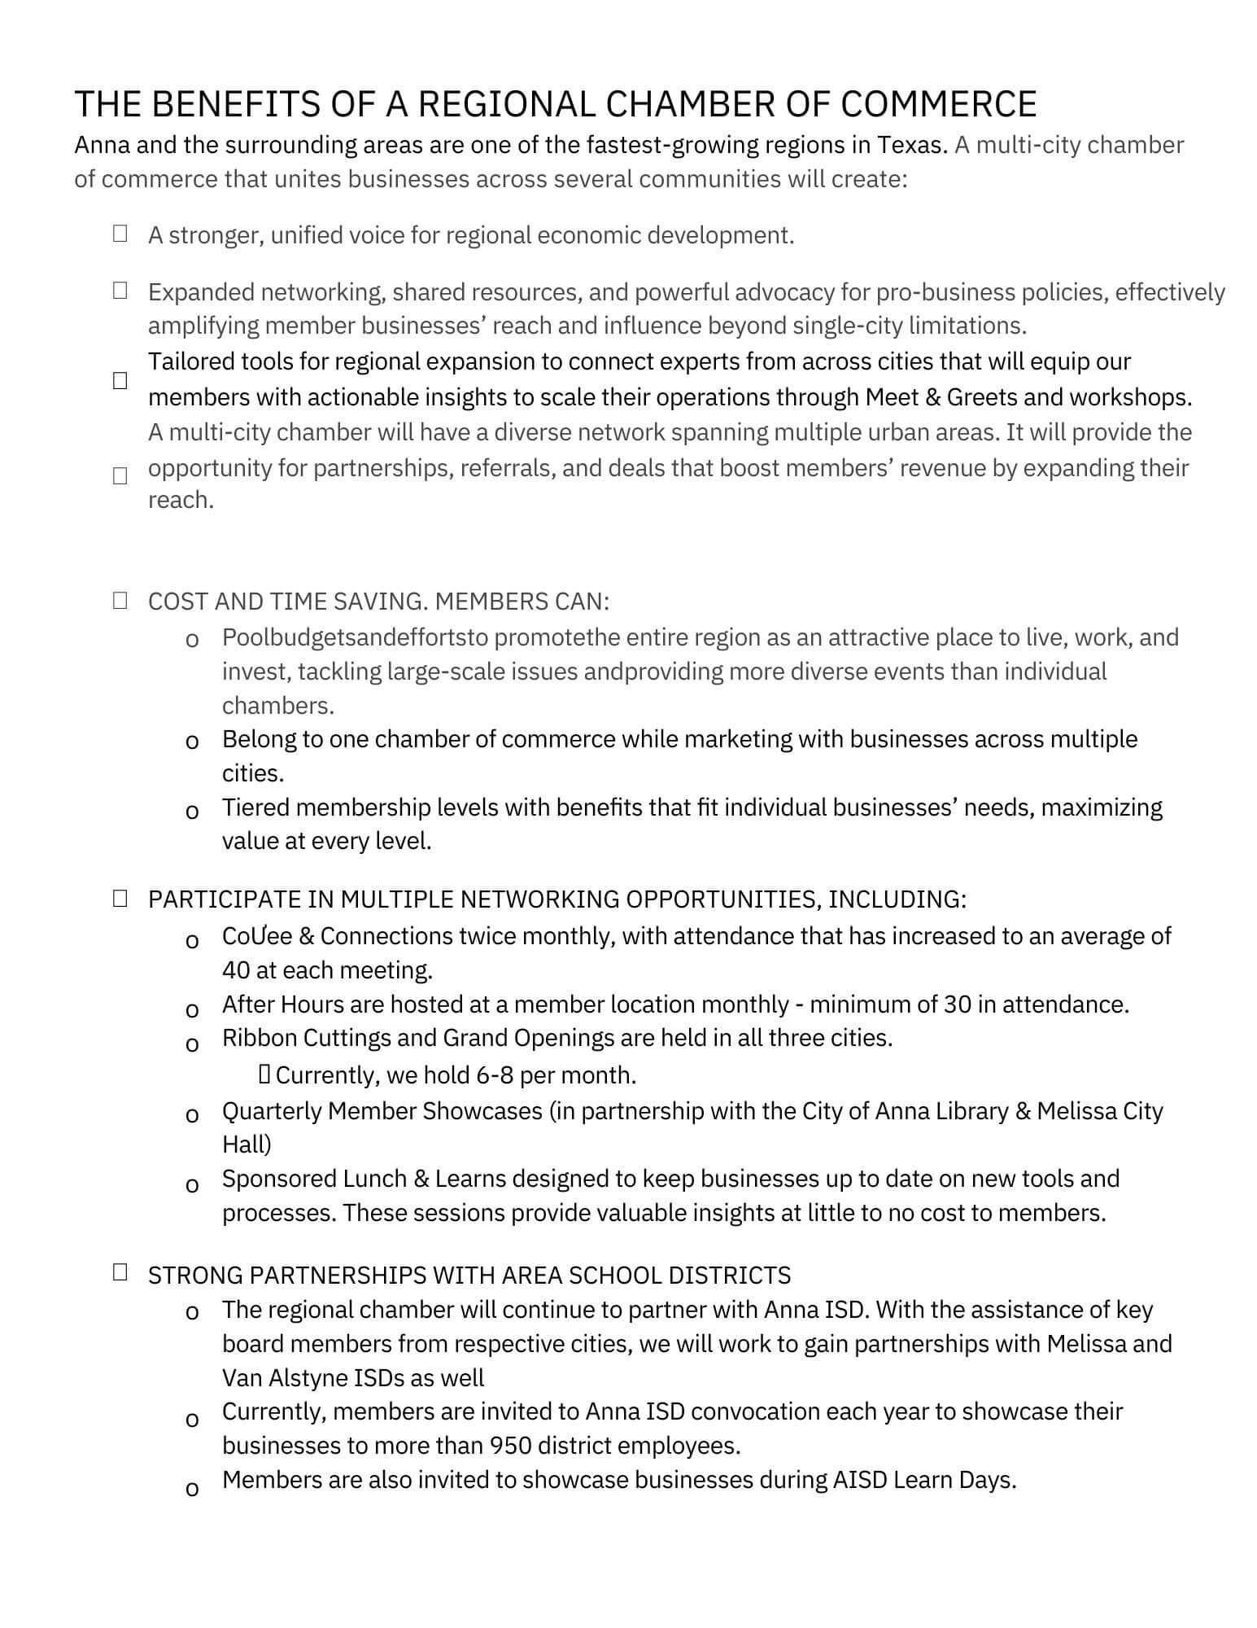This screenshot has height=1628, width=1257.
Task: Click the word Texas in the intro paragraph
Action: [x=910, y=145]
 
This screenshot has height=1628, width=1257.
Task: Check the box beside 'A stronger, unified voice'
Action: [x=120, y=234]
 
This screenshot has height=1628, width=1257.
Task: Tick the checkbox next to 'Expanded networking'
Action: [x=120, y=291]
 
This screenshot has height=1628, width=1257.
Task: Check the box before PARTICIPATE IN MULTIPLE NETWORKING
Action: [x=120, y=899]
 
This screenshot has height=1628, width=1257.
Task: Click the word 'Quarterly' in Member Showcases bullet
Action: [x=272, y=1111]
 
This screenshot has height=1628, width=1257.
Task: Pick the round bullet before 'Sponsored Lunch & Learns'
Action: [x=192, y=1185]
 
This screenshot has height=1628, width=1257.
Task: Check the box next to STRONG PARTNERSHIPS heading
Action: [x=120, y=1272]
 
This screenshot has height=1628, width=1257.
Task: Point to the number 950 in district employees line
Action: [x=510, y=1446]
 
